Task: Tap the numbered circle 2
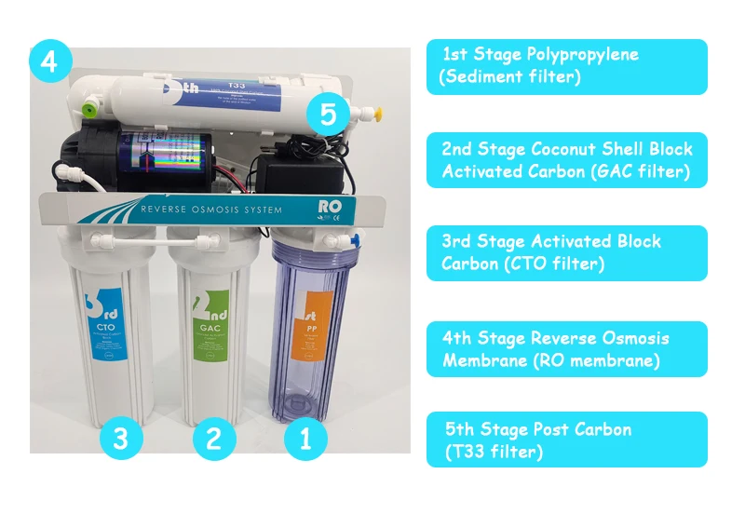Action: [214, 439]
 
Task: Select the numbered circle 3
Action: [121, 439]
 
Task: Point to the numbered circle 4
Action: [49, 62]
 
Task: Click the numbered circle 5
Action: [328, 115]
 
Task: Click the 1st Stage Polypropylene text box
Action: [566, 66]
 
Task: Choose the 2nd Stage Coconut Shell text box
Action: [566, 160]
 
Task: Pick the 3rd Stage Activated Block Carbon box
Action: [566, 252]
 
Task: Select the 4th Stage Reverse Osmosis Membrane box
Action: [566, 348]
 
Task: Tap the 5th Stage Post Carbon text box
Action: [566, 440]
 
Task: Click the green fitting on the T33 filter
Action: [89, 113]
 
